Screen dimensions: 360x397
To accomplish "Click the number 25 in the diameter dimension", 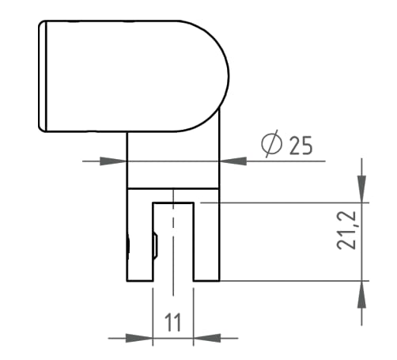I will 294,146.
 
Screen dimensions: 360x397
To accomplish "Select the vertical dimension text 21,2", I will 346,230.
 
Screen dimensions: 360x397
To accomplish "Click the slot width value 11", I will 172,322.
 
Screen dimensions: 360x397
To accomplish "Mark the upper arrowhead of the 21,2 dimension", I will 362,191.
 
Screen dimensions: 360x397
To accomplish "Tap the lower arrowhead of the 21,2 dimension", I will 362,290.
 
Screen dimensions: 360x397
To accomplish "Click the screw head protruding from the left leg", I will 126,247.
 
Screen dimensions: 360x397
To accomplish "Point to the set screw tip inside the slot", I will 155,247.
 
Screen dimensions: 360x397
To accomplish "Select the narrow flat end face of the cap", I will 44,76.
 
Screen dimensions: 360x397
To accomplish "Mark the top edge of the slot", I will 172,203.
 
